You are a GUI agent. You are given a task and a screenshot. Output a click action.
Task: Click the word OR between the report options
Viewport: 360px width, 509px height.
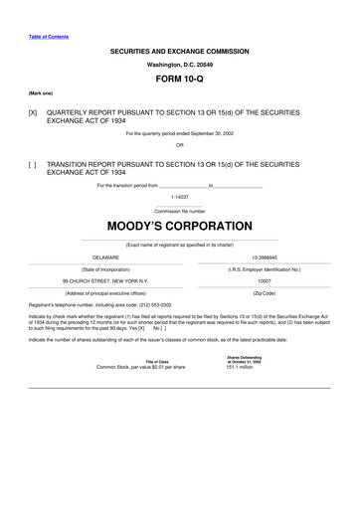(x=179, y=144)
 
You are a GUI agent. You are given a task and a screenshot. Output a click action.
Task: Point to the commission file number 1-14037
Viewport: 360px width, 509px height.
(x=179, y=197)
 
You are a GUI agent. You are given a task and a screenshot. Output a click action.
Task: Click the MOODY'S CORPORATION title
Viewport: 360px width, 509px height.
(x=179, y=227)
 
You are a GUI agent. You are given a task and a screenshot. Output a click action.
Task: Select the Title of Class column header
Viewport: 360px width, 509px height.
(x=156, y=360)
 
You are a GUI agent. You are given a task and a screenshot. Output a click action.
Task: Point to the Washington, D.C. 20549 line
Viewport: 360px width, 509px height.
(x=179, y=62)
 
